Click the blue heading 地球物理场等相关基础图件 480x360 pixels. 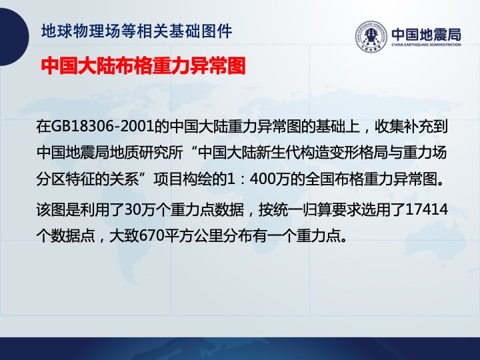click(x=137, y=31)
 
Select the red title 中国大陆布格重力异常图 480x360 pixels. click(x=143, y=65)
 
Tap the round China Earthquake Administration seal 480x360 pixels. click(x=371, y=37)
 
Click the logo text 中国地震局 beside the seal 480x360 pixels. click(x=426, y=34)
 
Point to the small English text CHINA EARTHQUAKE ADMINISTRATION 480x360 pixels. click(x=426, y=45)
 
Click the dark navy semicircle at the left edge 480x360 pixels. click(x=15, y=37)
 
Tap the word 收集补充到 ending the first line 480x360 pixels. click(x=411, y=126)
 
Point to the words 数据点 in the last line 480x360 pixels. click(x=73, y=236)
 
